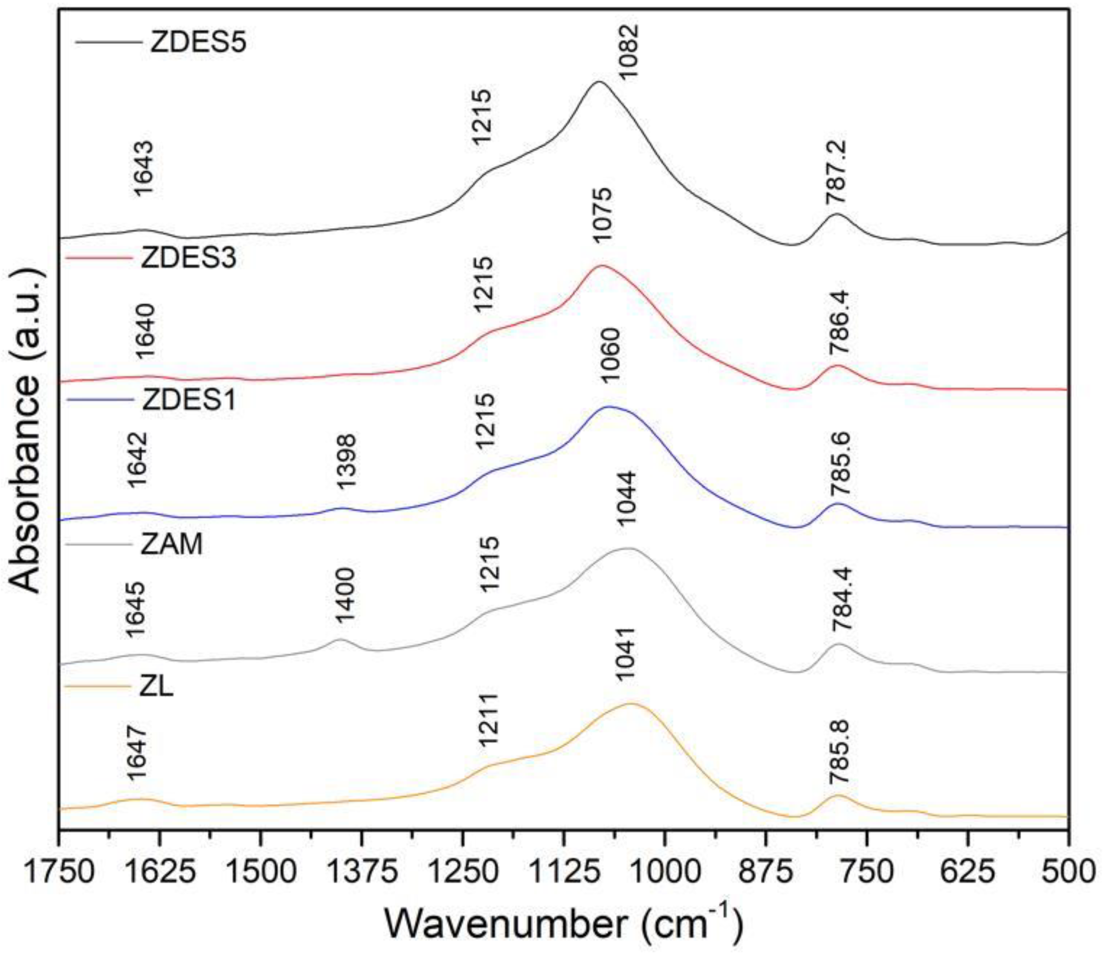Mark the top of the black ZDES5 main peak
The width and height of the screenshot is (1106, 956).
click(598, 82)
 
